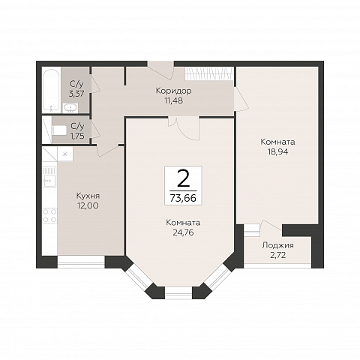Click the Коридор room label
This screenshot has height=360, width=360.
tap(173, 91)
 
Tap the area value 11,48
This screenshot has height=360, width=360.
tap(173, 100)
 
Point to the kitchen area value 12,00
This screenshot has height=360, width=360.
tap(88, 205)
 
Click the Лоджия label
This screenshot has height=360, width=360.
tap(277, 245)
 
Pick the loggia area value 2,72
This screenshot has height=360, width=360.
tap(277, 255)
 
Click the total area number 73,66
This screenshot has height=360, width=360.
tap(183, 198)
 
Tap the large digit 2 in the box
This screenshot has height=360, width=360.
tap(183, 178)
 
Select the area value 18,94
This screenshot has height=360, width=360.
tap(277, 151)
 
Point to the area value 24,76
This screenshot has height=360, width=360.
tap(183, 232)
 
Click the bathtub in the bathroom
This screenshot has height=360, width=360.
tap(51, 90)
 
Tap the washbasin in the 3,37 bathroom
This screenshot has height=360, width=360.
tap(70, 108)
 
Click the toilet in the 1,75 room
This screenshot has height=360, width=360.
tap(59, 130)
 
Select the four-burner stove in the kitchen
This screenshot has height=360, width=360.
tap(49, 216)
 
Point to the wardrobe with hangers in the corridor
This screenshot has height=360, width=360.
tap(209, 73)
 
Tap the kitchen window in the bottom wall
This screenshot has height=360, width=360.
tap(81, 262)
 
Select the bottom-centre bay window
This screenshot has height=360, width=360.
tap(178, 293)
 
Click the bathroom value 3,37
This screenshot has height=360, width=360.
tap(76, 94)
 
